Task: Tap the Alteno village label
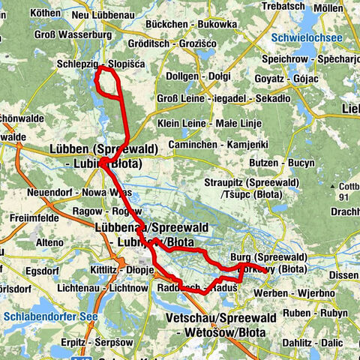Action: pos(51,242)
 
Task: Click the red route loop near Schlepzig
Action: pos(109,82)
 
